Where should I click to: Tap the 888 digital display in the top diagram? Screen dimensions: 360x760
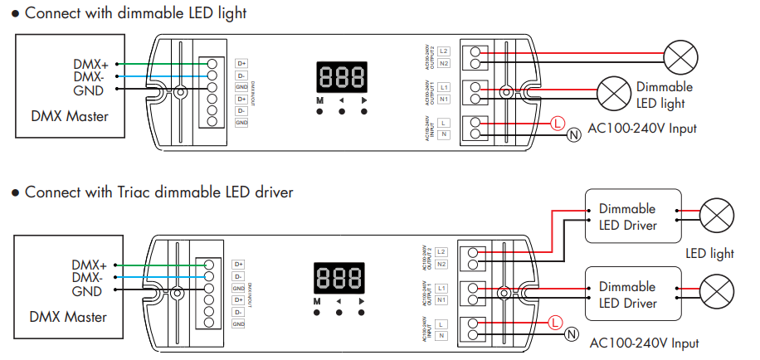click(342, 78)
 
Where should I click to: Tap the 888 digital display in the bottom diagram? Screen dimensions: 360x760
click(339, 278)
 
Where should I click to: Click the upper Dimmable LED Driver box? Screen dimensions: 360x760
click(633, 216)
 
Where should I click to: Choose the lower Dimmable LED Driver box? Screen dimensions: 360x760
click(633, 294)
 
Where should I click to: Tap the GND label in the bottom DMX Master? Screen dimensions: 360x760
click(87, 291)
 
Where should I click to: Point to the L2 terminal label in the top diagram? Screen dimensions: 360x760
click(445, 51)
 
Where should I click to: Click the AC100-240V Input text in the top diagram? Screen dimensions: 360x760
click(641, 129)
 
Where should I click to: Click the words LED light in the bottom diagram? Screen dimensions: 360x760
click(709, 254)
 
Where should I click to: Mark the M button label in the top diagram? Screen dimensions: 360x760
click(319, 100)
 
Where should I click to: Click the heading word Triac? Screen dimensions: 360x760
click(123, 192)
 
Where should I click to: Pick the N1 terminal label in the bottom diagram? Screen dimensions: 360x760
click(441, 299)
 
